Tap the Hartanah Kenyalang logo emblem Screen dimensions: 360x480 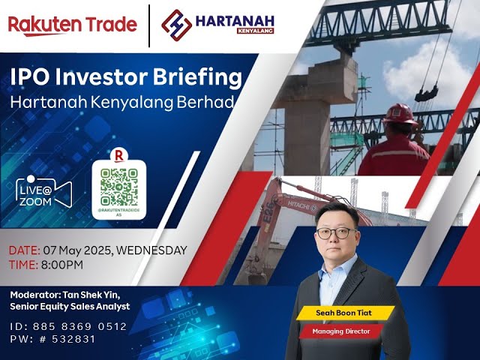coord(177,24)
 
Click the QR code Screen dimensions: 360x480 coord(119,186)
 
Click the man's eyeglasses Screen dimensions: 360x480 coord(333,232)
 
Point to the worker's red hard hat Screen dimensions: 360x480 coord(399,113)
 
